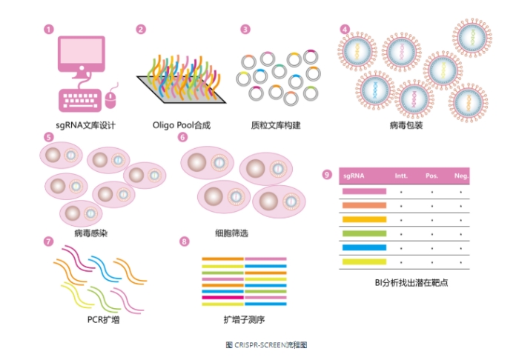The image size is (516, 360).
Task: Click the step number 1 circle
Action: pyautogui.click(x=49, y=29)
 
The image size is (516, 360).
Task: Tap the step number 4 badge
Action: pyautogui.click(x=345, y=29)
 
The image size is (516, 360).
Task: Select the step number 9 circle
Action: pyautogui.click(x=327, y=175)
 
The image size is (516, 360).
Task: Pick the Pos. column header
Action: pyautogui.click(x=431, y=176)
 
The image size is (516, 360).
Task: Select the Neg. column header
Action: pyautogui.click(x=460, y=176)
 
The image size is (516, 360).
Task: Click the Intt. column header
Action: pyautogui.click(x=402, y=176)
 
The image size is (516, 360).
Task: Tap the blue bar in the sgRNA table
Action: pyautogui.click(x=364, y=247)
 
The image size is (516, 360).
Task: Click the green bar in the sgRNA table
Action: pyautogui.click(x=364, y=233)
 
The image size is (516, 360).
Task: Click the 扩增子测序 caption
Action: pyautogui.click(x=244, y=320)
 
